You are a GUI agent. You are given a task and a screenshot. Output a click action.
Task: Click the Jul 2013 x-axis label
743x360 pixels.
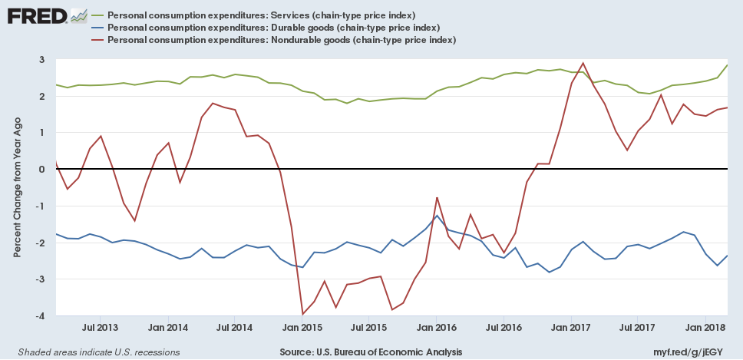tap(101, 328)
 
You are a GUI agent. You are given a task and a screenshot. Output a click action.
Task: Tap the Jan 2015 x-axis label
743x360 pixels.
tap(302, 328)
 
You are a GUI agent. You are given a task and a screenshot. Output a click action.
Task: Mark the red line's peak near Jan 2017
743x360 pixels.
tap(583, 63)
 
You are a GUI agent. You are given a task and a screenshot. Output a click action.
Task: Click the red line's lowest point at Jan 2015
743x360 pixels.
tap(302, 314)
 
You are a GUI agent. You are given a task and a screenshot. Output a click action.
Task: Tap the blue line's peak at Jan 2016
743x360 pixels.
tap(437, 216)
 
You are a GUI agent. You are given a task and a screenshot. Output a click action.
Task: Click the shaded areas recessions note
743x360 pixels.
tap(94, 352)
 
